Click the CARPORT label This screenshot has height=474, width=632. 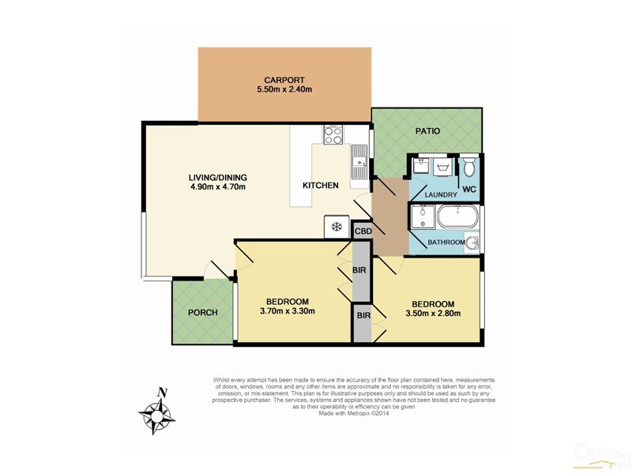coord(284,80)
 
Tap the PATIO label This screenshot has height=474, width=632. coord(426,131)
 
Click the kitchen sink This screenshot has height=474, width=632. coord(358,167)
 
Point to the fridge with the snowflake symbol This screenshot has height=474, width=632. coord(335,227)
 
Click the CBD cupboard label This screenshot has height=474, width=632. coord(363,231)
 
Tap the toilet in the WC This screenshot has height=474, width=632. coord(468,166)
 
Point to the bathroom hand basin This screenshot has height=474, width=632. coord(472,243)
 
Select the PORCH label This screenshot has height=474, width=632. coord(202,313)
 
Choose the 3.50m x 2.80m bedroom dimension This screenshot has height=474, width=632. coord(432,314)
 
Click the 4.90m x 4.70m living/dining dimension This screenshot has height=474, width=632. coord(218,187)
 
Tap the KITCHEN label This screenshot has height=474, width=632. coord(320,186)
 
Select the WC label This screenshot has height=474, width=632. coord(468,188)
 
